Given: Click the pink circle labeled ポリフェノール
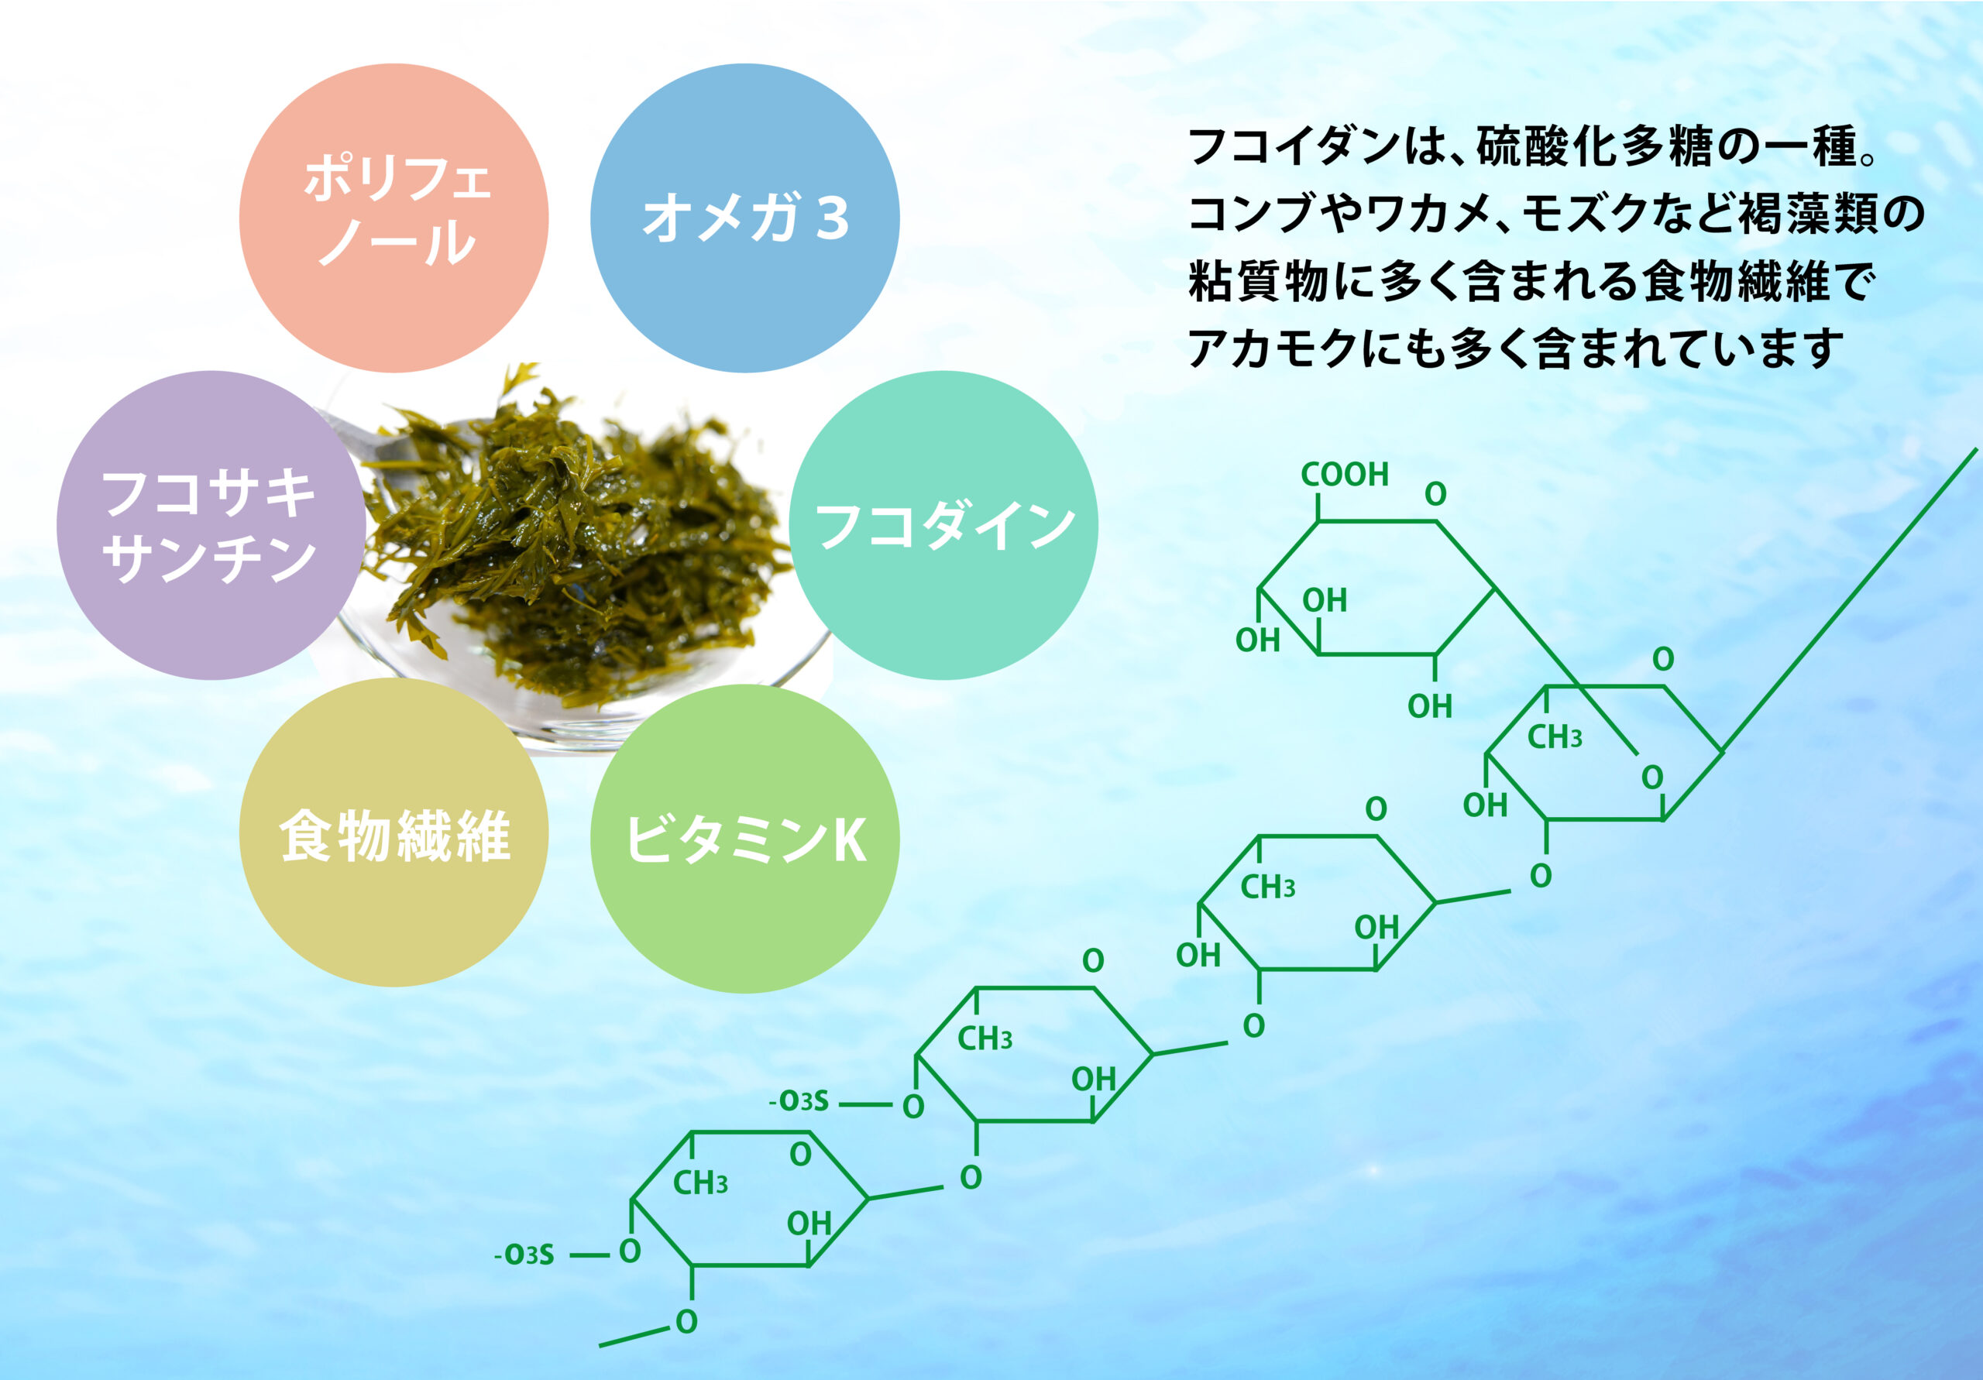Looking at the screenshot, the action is coord(394,218).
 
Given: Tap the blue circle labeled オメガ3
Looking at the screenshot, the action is coord(744,218).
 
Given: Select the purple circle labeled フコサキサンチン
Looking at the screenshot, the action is coord(211,525).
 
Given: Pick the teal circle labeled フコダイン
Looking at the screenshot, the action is coord(943,525).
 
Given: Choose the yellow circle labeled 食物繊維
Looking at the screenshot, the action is coord(394,832).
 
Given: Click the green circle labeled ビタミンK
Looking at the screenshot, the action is coord(744,838).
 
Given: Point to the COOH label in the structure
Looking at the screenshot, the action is coord(1345,474).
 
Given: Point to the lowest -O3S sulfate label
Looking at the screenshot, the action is coord(524,1255).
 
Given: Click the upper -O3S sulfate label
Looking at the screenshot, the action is coord(799,1101).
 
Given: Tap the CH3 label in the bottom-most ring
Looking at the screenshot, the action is coord(700,1183).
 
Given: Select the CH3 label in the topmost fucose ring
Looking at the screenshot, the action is coord(1555,736).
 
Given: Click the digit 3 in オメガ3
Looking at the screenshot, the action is coord(833,218).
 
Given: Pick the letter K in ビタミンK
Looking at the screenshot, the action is coord(849,839).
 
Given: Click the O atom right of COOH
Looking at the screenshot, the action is coord(1435,494).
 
